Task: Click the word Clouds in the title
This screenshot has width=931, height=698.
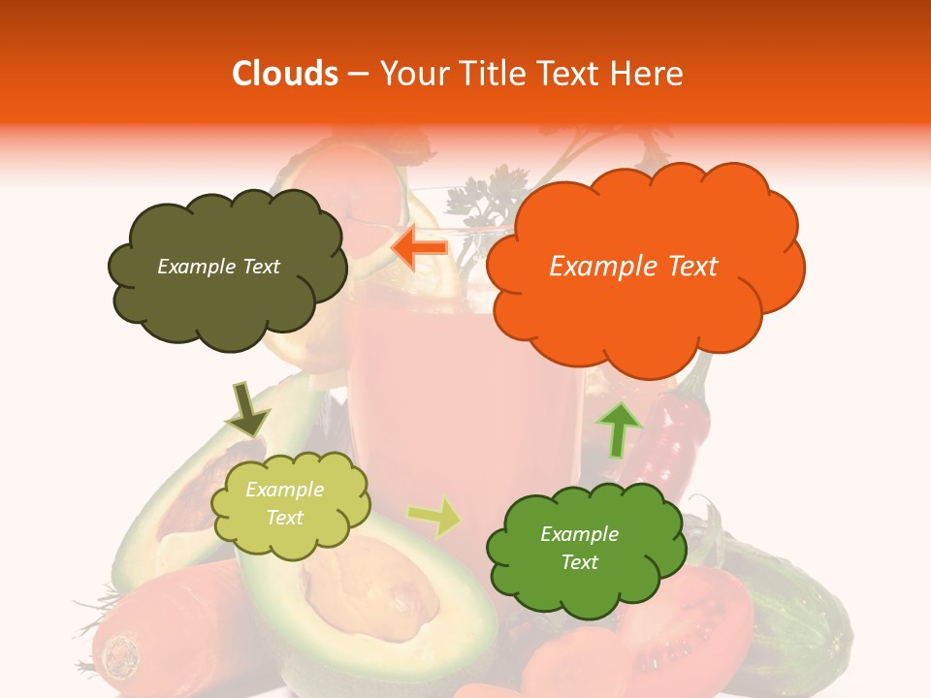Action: tap(285, 74)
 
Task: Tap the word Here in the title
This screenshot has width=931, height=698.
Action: tap(650, 74)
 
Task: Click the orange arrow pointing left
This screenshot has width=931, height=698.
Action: tap(419, 248)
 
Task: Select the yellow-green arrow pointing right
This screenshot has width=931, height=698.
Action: tap(435, 517)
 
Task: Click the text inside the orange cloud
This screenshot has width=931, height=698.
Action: tap(633, 267)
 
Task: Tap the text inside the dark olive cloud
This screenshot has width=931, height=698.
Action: tap(218, 267)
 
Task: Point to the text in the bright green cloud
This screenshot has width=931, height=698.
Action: tap(579, 548)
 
